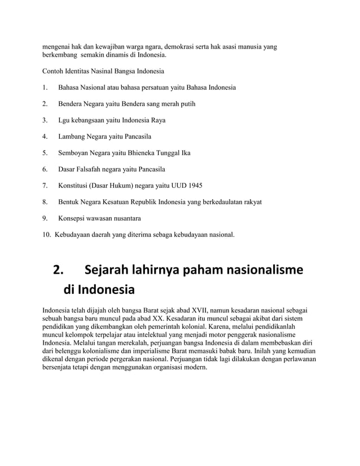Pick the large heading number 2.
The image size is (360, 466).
57,270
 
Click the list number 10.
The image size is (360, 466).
47,234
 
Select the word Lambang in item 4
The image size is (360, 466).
72,137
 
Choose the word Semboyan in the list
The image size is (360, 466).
75,152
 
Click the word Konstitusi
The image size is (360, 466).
76,185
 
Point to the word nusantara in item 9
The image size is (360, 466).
122,218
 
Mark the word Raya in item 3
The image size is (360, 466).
157,120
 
